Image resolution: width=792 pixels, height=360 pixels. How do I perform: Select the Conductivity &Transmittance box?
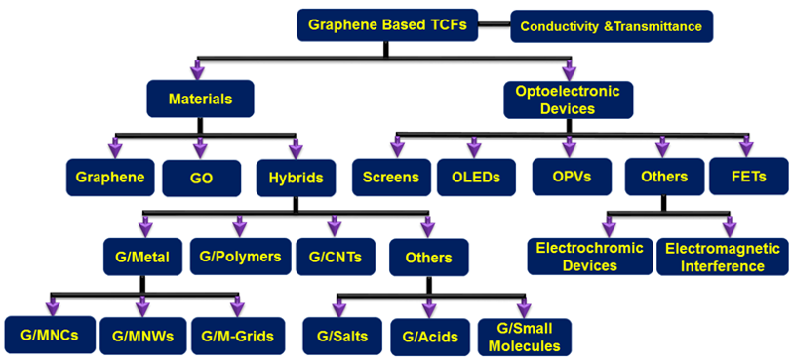tap(612, 26)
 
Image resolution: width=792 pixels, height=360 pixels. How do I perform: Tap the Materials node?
tap(201, 99)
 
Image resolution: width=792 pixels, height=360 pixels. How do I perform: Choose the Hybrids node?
tap(296, 178)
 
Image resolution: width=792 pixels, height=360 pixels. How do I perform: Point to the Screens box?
tap(391, 178)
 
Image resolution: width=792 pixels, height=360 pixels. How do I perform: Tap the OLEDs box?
tap(476, 178)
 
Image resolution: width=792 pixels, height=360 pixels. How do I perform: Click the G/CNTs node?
tap(336, 257)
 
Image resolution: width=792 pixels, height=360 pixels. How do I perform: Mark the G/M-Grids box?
tap(237, 336)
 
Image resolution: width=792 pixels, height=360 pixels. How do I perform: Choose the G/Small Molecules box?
tap(525, 337)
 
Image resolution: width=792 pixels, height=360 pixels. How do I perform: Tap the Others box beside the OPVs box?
tap(664, 177)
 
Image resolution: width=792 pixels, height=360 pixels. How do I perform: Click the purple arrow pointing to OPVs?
tap(570, 144)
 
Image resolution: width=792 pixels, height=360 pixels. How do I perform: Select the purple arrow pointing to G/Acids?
tap(429, 304)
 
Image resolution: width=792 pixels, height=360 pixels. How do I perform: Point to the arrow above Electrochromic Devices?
tap(610, 224)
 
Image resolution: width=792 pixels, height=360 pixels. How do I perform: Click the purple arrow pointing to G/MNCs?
tap(53, 303)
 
